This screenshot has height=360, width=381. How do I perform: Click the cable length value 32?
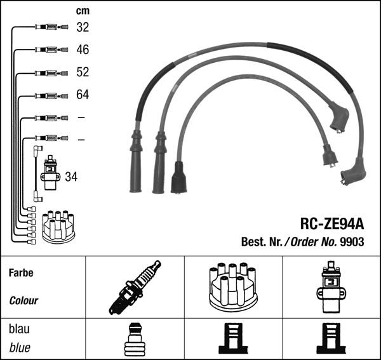(x=83, y=27)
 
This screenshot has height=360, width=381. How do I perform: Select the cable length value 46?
(x=83, y=50)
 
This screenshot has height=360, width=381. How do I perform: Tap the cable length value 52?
(x=83, y=72)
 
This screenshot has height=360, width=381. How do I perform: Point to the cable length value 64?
(x=83, y=95)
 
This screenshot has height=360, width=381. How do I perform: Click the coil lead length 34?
(x=71, y=177)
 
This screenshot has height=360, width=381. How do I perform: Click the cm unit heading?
(x=83, y=11)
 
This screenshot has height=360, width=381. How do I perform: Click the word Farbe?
(x=21, y=273)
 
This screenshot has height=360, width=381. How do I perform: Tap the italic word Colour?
(x=24, y=300)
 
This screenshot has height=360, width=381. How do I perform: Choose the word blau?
(x=20, y=330)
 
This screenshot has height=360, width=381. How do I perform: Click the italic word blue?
(x=20, y=348)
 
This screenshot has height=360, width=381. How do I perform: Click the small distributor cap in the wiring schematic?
(x=58, y=227)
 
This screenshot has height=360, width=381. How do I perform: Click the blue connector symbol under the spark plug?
(x=134, y=339)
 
